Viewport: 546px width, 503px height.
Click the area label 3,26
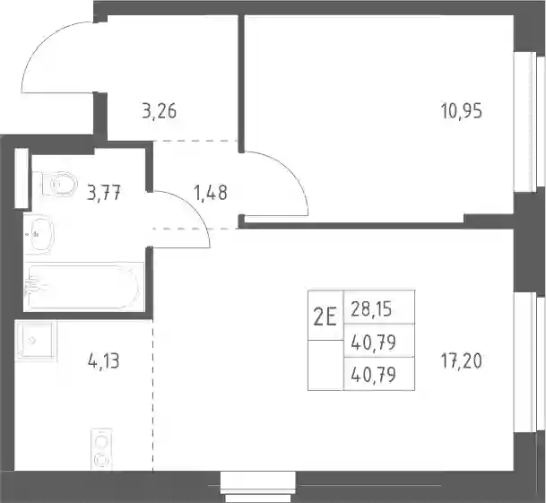(159, 111)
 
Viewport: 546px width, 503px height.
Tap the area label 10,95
(462, 111)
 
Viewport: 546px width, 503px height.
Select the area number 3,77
(104, 193)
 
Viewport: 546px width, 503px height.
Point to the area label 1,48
(211, 193)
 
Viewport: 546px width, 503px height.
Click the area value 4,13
(104, 360)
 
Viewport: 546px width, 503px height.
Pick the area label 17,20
(462, 360)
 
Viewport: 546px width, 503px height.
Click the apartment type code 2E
(325, 317)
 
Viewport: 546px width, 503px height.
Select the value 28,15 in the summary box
(371, 309)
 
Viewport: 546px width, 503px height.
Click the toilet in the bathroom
(59, 184)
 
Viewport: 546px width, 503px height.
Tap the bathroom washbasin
(41, 233)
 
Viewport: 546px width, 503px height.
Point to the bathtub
(84, 287)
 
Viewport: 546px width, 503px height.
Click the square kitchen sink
(36, 341)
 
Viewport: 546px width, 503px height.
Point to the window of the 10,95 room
(525, 122)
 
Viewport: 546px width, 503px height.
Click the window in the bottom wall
(258, 487)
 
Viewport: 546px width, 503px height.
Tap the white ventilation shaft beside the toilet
(22, 178)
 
